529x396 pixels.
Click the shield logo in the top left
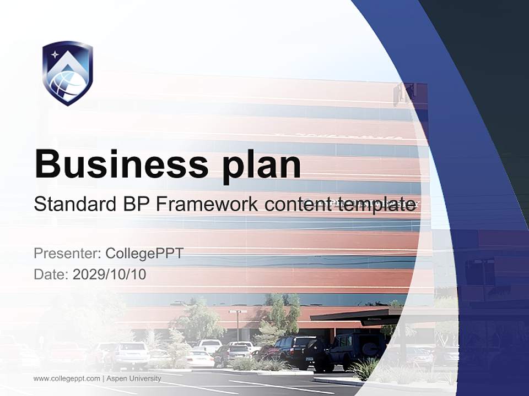pos(67,73)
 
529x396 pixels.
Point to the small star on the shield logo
pos(55,54)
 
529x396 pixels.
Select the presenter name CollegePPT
pos(144,254)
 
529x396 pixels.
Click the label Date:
pos(51,274)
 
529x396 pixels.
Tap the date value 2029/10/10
pos(110,274)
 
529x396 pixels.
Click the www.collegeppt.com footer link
pos(67,378)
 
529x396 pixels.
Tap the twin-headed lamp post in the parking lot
pos(238,324)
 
